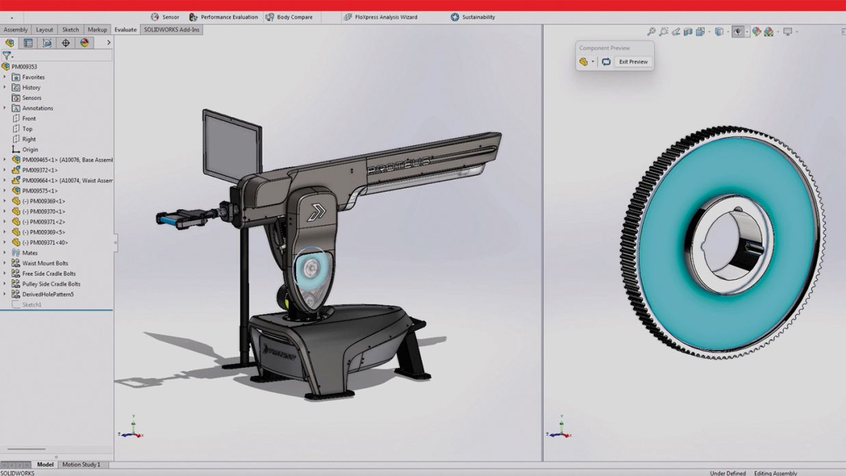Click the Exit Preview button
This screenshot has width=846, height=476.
633,62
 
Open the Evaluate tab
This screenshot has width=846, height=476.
125,29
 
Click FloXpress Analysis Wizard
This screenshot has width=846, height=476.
381,17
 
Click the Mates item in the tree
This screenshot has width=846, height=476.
29,253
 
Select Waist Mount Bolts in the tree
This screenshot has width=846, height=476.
44,263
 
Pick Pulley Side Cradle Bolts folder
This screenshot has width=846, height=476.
51,284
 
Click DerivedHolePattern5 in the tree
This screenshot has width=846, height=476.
47,294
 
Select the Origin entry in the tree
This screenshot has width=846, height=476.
29,149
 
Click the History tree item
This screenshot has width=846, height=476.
31,88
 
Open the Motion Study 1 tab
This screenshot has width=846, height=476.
81,464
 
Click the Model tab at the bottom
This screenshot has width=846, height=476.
45,464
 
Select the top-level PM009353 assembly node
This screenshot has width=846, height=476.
24,67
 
